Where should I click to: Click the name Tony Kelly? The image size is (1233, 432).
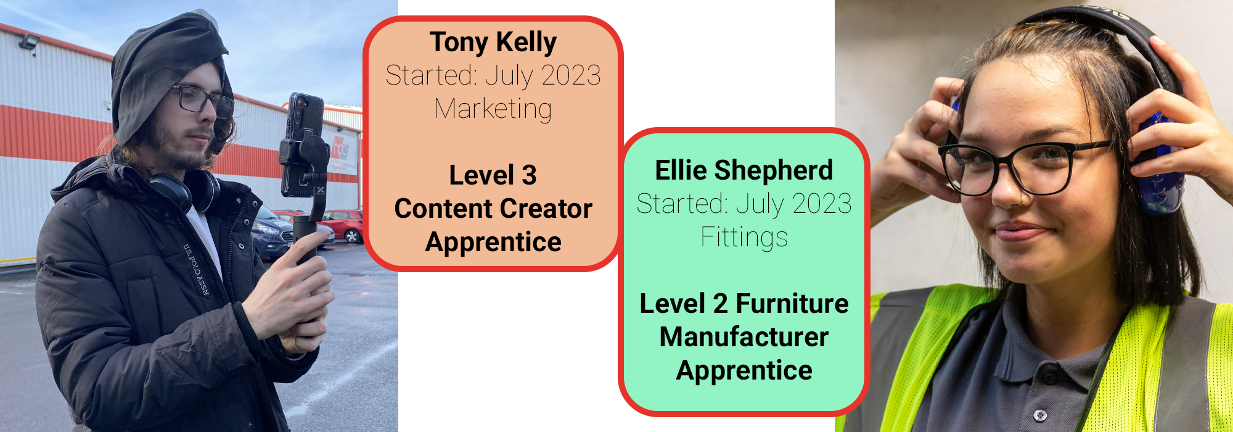point(493,43)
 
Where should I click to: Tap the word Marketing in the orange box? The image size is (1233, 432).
point(493,109)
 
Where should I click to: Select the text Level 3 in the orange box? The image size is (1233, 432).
point(493,175)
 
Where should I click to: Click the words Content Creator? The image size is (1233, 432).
point(493,209)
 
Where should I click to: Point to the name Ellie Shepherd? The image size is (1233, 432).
point(744,170)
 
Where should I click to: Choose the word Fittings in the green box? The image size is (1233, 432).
point(744,237)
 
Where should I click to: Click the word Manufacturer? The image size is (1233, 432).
point(744,337)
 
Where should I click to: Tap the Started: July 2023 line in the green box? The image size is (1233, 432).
point(744,204)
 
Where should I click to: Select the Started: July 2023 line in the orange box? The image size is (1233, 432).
point(493,76)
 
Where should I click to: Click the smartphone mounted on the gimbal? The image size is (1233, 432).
point(303,145)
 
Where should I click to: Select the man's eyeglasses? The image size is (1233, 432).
point(200,100)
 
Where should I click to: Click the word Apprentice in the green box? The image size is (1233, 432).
point(744,371)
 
